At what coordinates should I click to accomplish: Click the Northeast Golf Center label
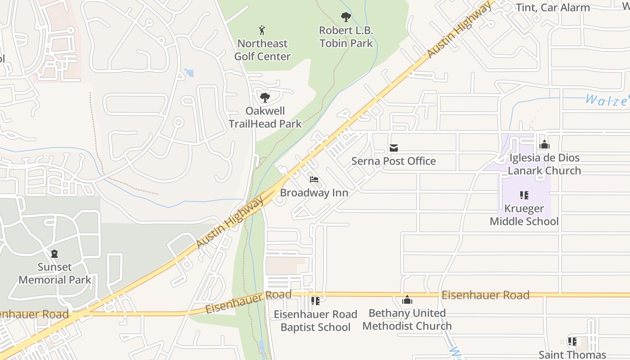click(263, 50)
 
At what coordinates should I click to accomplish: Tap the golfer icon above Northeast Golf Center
click(262, 31)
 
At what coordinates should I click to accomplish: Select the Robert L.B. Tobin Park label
click(346, 37)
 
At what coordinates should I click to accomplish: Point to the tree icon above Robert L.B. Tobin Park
click(346, 18)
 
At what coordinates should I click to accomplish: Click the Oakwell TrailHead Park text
click(265, 117)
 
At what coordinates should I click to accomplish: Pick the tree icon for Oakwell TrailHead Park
click(265, 97)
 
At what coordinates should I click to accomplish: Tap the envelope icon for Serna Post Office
click(394, 148)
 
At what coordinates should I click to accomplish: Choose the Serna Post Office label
click(394, 161)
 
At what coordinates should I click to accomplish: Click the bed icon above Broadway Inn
click(314, 180)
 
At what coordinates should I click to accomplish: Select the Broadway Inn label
click(314, 193)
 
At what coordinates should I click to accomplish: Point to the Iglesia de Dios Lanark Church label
click(544, 164)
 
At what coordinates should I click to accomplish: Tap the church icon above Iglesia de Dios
click(544, 145)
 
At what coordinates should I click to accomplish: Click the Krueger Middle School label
click(524, 215)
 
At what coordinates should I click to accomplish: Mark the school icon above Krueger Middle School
click(524, 195)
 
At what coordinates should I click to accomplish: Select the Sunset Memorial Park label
click(55, 273)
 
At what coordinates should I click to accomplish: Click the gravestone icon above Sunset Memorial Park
click(54, 254)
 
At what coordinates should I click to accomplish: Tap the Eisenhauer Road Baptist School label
click(315, 320)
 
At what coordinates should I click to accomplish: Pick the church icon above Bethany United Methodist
click(407, 300)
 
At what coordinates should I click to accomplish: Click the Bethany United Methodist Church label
click(407, 319)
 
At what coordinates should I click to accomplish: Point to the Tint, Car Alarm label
click(553, 8)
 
